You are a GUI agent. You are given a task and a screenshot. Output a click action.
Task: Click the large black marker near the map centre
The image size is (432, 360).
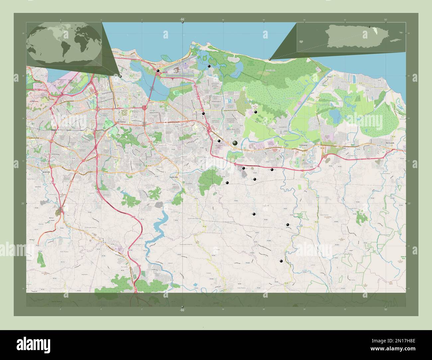[x=235, y=143]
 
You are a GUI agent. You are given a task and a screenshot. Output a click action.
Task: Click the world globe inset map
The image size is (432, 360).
[x=64, y=43]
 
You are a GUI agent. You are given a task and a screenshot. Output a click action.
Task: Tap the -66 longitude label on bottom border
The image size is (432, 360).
[x=182, y=310]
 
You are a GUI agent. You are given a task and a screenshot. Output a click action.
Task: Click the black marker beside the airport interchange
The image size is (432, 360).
[x=159, y=71]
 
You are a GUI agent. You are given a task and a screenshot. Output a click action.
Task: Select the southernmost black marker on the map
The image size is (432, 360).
[x=281, y=261]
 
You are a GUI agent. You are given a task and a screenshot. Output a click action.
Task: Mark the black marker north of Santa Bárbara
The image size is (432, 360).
[x=256, y=112]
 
